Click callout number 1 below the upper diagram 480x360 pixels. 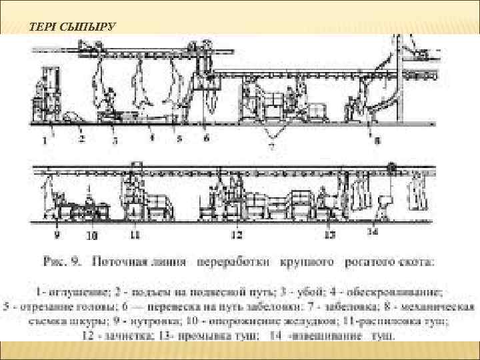[x=44, y=141]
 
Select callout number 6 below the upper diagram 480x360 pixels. [x=207, y=138]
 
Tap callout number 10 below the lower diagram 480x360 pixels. [x=92, y=235]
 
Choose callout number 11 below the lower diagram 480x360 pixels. [x=134, y=235]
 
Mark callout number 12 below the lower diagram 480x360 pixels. [x=237, y=235]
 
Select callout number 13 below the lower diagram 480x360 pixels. [x=329, y=235]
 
